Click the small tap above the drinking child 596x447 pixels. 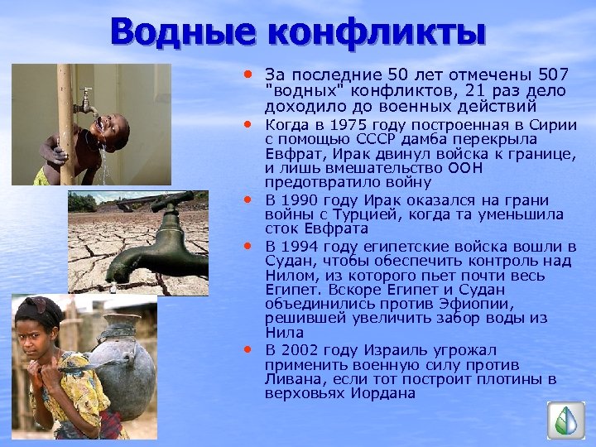click(85, 103)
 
